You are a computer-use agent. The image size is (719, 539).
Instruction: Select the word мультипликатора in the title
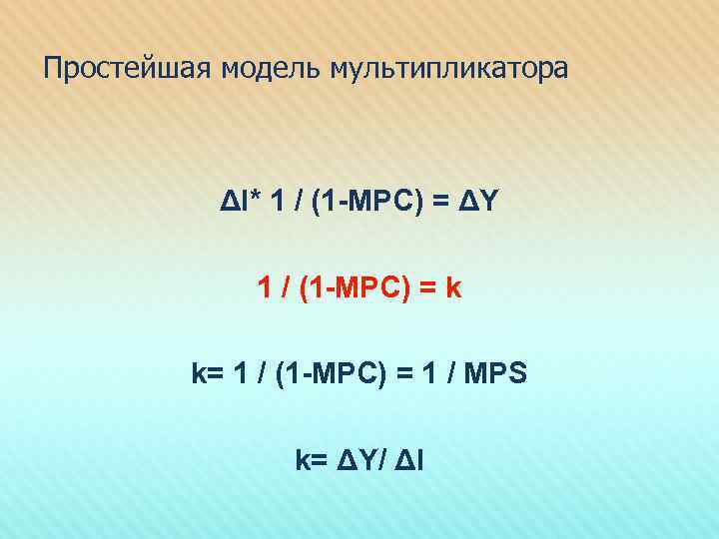(445, 70)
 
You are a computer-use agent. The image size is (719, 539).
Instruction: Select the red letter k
(453, 288)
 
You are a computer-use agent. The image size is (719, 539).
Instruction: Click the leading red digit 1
(264, 288)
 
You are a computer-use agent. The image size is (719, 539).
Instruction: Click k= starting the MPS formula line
(206, 374)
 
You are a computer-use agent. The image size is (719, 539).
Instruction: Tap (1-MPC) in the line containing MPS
(323, 374)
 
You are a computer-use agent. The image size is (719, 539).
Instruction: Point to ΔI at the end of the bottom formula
(411, 459)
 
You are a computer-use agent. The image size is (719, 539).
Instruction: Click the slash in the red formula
(286, 288)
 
